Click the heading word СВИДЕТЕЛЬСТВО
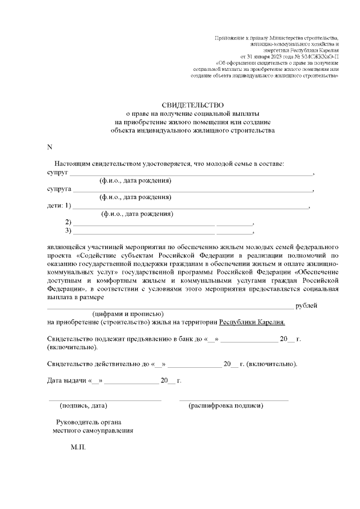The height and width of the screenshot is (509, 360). point(193,105)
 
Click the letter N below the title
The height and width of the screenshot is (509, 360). point(49,147)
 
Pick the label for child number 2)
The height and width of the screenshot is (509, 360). point(69,222)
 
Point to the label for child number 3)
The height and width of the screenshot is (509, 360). point(69,231)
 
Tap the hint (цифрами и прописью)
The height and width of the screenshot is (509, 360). point(128,314)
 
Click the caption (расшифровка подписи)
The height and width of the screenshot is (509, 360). point(226,406)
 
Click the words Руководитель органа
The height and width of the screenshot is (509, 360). point(89,422)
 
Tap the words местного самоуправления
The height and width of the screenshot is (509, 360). point(93,431)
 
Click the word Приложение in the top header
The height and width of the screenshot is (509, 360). point(228,38)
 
